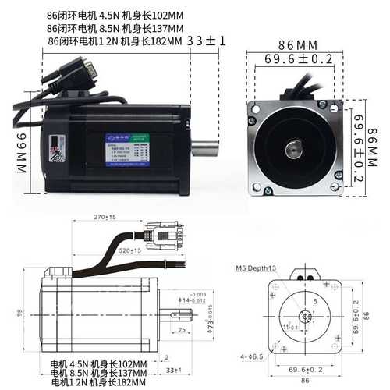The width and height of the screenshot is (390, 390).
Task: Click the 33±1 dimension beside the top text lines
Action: [207, 40]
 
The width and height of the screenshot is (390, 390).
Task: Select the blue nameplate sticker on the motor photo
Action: [126, 151]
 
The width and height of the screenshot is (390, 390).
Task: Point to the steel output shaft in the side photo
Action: [204, 147]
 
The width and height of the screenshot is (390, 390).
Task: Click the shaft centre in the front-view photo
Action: [297, 147]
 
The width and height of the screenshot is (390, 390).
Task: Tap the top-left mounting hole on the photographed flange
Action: [255, 109]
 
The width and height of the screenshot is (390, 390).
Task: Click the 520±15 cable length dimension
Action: [130, 251]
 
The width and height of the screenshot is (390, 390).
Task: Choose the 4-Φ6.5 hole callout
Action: [251, 356]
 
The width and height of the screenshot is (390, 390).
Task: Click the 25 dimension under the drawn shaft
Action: [181, 331]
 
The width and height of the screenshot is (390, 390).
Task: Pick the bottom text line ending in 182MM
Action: [98, 382]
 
